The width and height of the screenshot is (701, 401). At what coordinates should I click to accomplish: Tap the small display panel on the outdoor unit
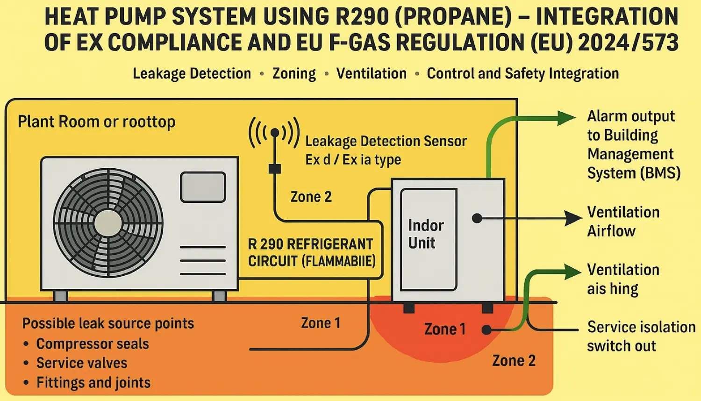tap(203, 187)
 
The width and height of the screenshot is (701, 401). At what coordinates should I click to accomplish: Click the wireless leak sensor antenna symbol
tap(274, 133)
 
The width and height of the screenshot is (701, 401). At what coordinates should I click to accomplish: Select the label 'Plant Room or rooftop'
tap(96, 122)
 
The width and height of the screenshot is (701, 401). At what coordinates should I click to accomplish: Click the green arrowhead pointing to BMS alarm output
tap(566, 118)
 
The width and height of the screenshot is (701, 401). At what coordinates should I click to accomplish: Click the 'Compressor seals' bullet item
tap(93, 344)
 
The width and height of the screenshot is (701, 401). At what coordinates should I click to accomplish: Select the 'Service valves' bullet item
tap(82, 363)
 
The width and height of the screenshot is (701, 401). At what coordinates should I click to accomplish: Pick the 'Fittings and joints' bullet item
tap(93, 383)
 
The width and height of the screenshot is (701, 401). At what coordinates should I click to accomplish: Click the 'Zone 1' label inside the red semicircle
tap(444, 329)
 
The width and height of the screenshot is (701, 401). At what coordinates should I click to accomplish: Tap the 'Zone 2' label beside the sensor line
tap(311, 197)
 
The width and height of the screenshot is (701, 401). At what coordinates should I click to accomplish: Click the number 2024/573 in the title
tap(628, 43)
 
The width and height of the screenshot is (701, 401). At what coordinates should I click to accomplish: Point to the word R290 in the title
tap(362, 17)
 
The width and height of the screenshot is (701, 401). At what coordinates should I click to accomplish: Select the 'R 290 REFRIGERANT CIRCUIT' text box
tap(311, 253)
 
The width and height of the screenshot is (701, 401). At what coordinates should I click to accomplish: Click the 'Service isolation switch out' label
tap(641, 337)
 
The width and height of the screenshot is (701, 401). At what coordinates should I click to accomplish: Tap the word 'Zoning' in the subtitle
tap(294, 74)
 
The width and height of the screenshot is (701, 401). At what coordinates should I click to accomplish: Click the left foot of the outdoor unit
tap(61, 296)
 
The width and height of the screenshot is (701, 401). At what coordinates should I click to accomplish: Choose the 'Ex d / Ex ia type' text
tap(353, 160)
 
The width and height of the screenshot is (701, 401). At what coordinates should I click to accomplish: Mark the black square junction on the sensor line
tap(275, 169)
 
